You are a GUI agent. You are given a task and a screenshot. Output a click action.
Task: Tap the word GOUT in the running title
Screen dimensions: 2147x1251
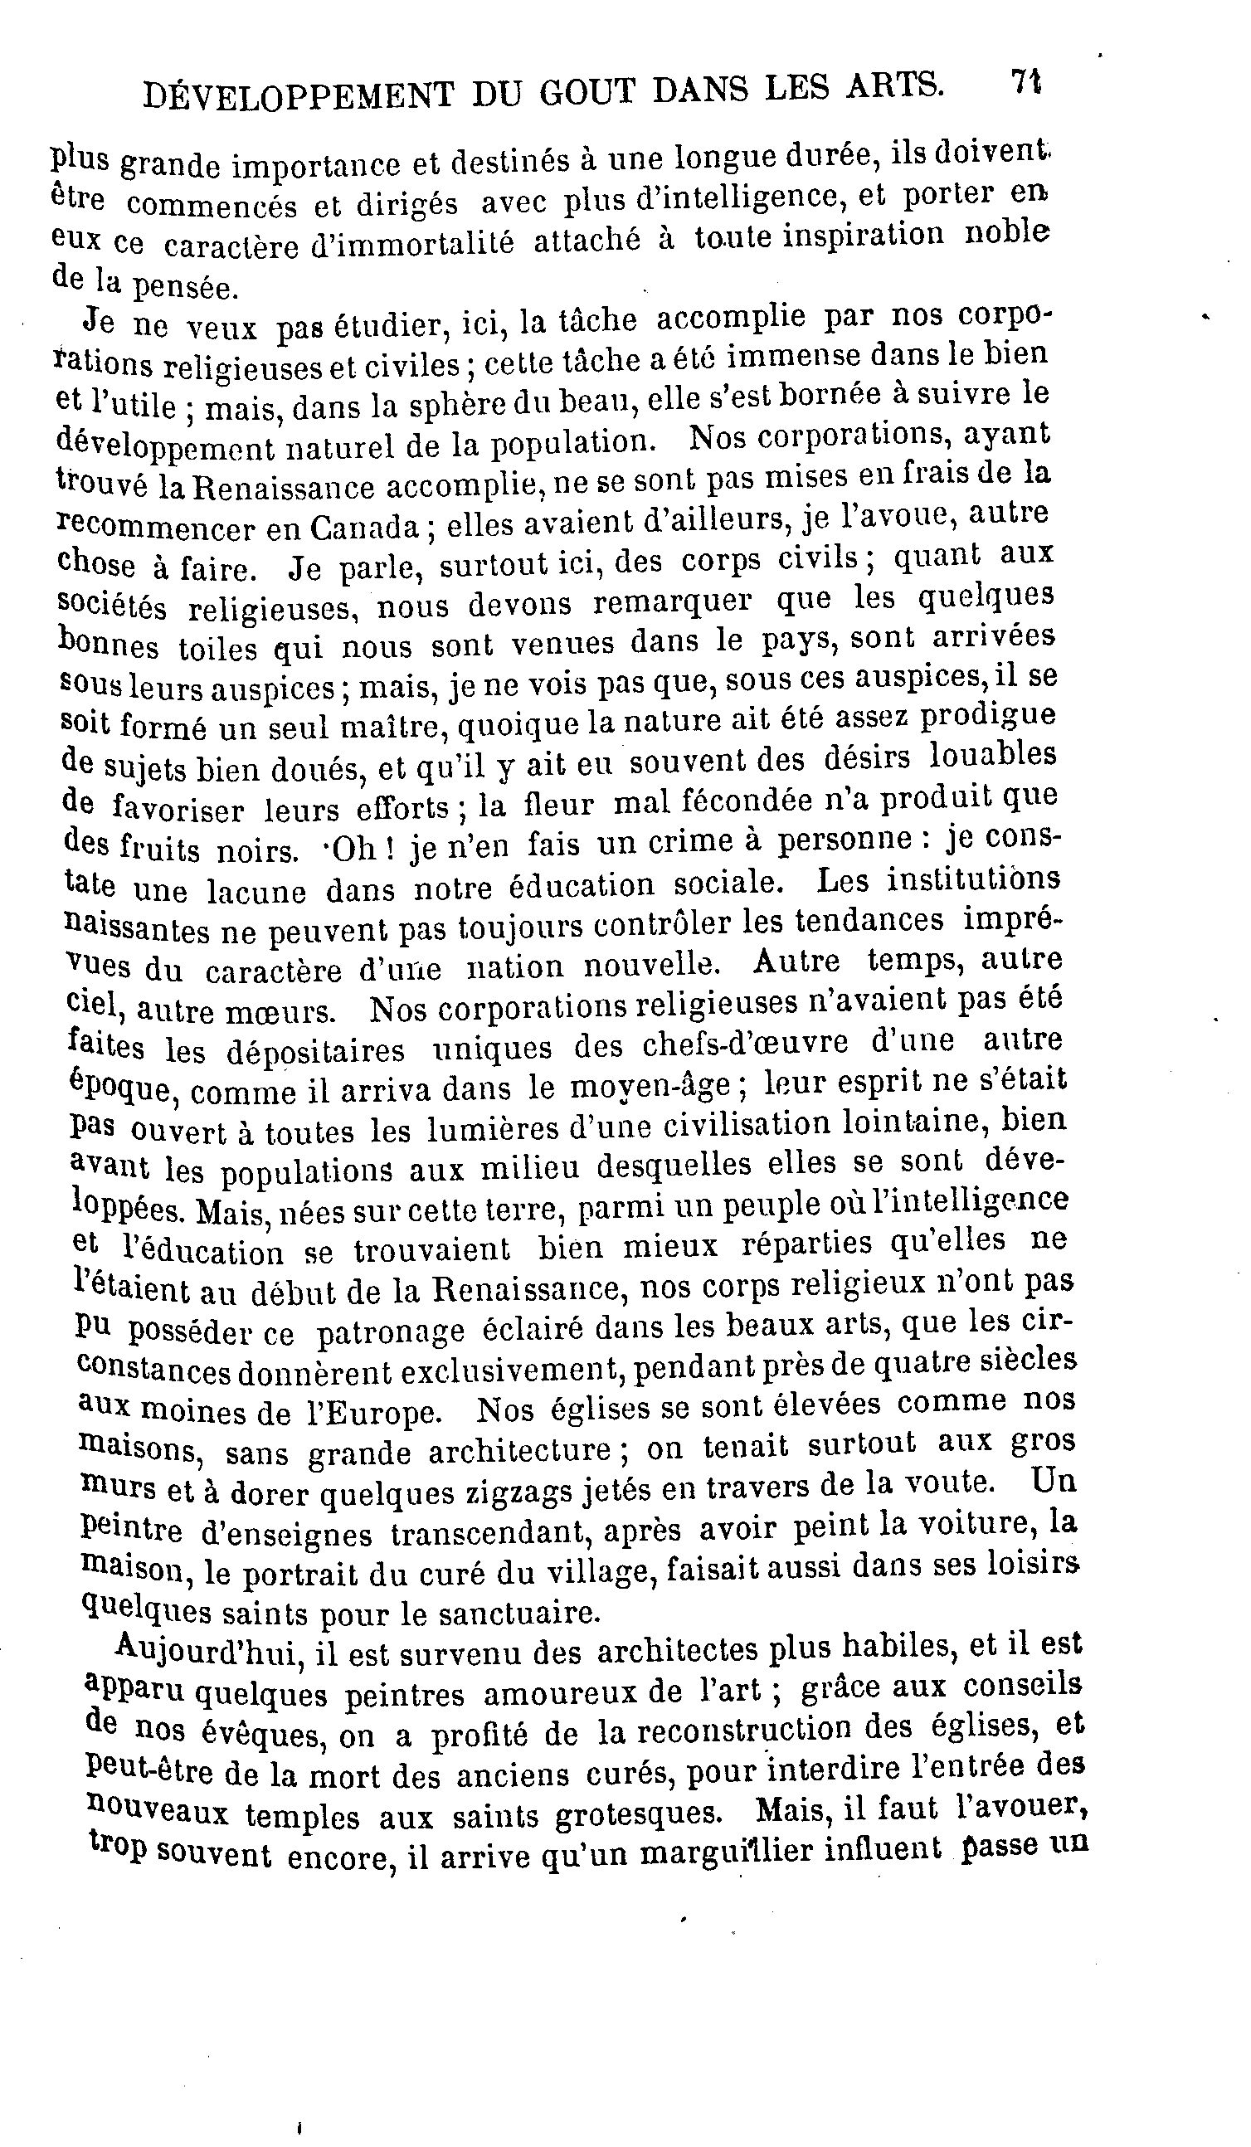[587, 91]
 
